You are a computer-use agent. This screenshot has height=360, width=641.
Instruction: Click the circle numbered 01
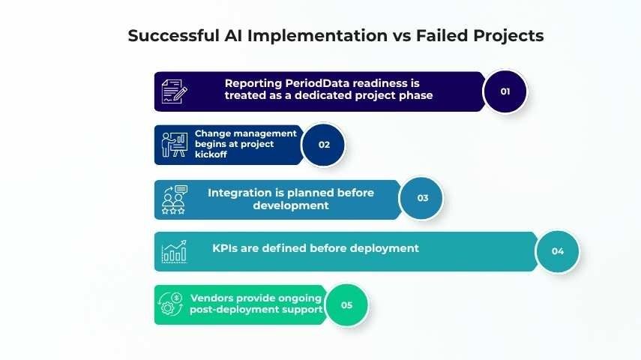505,91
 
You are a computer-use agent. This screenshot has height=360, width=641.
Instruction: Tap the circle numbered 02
324,145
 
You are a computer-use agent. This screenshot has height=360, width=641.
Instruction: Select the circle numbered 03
422,198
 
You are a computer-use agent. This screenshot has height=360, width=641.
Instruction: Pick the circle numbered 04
557,251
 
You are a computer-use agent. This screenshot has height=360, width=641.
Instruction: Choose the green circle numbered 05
346,305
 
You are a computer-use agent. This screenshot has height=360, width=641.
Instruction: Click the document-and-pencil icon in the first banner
175,91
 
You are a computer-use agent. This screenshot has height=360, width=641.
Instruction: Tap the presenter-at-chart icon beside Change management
175,145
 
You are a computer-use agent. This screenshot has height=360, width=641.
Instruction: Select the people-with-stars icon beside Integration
175,199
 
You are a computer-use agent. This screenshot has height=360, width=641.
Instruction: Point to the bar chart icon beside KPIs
175,252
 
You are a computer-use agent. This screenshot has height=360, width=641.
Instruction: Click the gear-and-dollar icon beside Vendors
172,304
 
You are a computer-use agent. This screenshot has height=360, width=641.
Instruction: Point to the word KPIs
227,247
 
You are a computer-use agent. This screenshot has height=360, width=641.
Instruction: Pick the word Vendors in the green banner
214,298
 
